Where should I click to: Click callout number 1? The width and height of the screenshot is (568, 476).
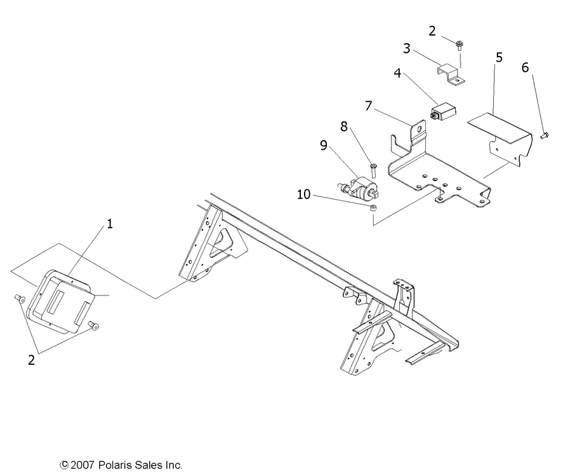[x=109, y=224]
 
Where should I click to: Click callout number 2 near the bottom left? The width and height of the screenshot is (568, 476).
[x=31, y=360]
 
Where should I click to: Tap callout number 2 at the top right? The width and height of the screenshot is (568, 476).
[x=432, y=31]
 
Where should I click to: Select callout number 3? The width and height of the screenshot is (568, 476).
[x=407, y=48]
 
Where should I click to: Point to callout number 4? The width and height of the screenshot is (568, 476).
[x=397, y=73]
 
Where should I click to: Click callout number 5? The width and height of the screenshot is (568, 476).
[x=499, y=57]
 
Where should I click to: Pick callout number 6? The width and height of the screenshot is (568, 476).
[x=525, y=67]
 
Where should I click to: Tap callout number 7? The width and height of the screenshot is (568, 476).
[x=369, y=105]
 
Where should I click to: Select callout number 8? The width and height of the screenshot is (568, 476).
[x=343, y=126]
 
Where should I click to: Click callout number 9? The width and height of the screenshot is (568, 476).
[x=324, y=146]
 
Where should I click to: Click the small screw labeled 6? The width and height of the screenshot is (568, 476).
[x=544, y=135]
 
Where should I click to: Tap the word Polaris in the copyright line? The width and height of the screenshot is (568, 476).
[x=119, y=465]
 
